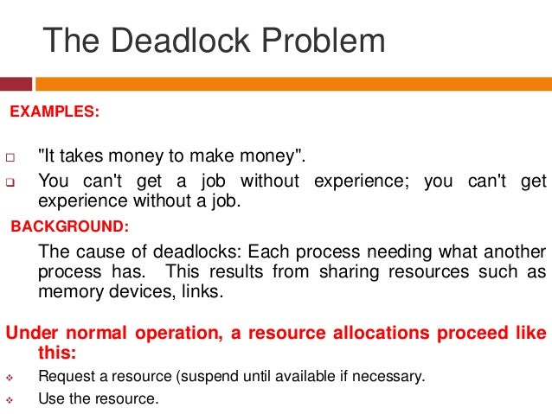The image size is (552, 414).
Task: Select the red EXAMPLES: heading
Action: click(x=54, y=112)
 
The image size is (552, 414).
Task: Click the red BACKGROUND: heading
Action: click(x=69, y=226)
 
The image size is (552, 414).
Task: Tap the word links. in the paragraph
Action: click(x=199, y=291)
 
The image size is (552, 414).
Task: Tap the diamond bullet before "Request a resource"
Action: click(x=11, y=376)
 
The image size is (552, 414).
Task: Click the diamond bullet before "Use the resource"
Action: click(x=11, y=399)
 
